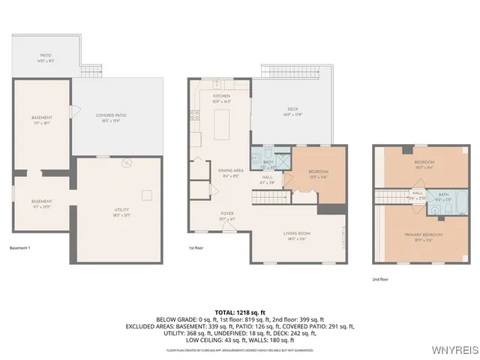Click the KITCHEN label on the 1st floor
tap(221, 97)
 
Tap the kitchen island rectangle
tap(222, 125)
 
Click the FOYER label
tap(227, 214)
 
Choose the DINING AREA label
tap(231, 171)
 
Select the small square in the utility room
tap(148, 196)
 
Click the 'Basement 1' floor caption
tap(20, 247)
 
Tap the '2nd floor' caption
tap(381, 278)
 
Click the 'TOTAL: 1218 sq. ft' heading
tap(240, 311)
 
